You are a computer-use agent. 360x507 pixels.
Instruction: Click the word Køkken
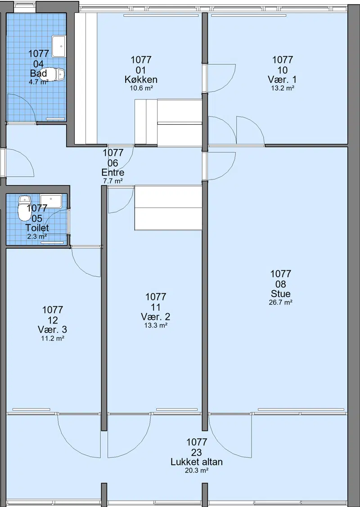[141, 80]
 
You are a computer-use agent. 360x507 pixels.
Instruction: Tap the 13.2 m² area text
[283, 88]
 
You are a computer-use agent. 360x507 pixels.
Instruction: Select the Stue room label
[281, 294]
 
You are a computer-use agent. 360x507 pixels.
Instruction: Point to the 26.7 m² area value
[281, 303]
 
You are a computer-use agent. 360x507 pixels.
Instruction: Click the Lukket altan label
[197, 462]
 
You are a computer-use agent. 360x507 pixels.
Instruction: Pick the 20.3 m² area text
[197, 471]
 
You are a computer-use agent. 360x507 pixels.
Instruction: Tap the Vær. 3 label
[52, 330]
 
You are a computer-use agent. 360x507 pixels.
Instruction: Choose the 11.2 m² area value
[52, 339]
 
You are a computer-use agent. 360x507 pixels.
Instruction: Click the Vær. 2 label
[156, 317]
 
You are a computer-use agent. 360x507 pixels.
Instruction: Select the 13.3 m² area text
[156, 325]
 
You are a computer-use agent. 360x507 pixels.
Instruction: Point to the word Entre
[113, 172]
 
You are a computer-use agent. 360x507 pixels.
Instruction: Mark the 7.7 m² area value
[113, 181]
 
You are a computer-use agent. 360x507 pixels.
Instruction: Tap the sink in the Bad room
[58, 46]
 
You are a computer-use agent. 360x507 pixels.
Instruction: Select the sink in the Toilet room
[50, 201]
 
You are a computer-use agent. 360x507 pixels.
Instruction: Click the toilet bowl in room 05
[23, 208]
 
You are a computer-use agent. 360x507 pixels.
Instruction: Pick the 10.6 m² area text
[141, 88]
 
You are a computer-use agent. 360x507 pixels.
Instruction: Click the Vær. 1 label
[283, 80]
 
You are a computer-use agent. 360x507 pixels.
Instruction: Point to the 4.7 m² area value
[39, 82]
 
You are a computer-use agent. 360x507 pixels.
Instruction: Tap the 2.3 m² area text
[37, 236]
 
